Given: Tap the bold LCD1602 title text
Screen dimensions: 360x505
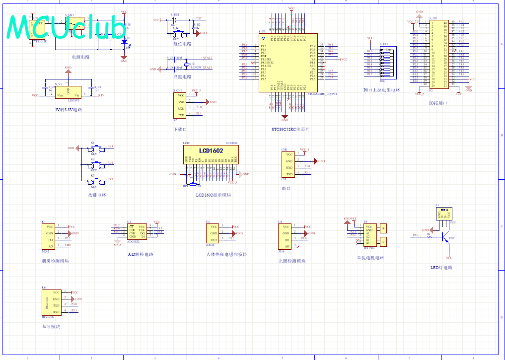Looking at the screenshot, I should (x=211, y=150).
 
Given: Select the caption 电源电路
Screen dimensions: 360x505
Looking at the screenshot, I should (x=80, y=57).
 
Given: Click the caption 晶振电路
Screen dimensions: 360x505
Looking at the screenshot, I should (x=182, y=77).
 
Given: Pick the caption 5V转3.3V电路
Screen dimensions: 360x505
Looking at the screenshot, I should (x=69, y=109).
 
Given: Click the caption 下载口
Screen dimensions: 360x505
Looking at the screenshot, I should (x=180, y=129).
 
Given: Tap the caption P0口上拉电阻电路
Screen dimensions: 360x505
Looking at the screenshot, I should (x=381, y=90).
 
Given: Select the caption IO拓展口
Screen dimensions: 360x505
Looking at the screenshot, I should (x=438, y=103).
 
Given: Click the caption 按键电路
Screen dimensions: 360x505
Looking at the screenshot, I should (x=97, y=195).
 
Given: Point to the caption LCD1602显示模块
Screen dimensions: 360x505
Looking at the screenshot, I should (x=213, y=195).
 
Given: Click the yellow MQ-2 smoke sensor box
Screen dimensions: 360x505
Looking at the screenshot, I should (x=48, y=236).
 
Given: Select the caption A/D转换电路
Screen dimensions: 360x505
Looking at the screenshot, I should (x=141, y=254).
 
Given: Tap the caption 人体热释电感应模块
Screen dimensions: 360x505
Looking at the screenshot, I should (x=226, y=255).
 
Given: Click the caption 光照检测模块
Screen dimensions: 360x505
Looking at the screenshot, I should (x=291, y=261).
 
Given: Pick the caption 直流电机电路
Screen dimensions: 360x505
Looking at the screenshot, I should (x=370, y=258).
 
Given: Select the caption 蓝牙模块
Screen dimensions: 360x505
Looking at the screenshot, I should (x=51, y=327).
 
